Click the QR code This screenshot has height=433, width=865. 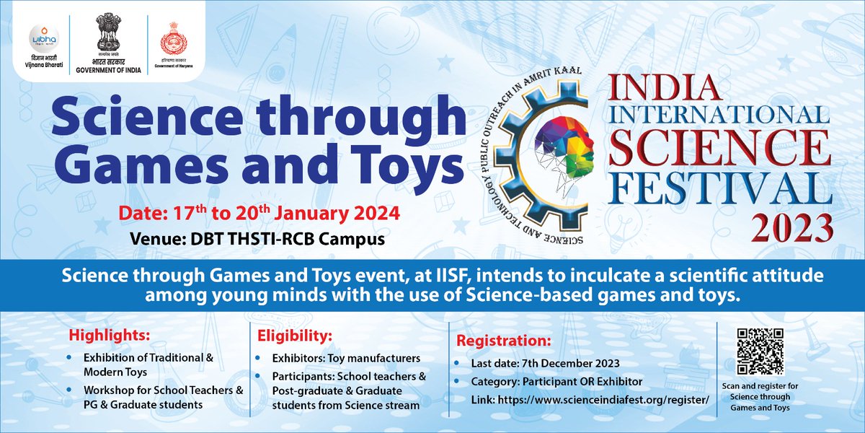click(760, 351)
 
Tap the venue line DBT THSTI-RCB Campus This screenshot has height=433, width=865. click(257, 238)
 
